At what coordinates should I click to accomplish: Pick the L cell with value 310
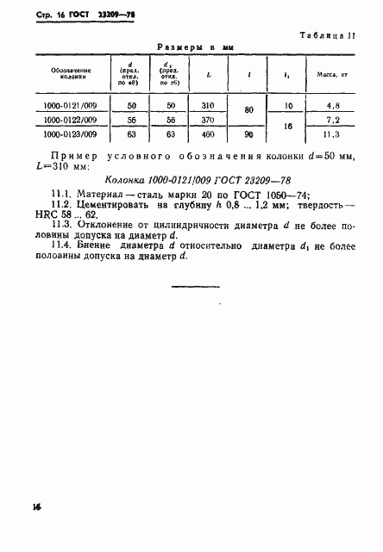(x=209, y=104)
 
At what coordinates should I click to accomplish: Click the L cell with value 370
(x=209, y=119)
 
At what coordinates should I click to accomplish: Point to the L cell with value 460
(x=209, y=134)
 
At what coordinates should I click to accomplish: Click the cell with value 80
(x=249, y=111)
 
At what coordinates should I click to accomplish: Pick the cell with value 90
(x=249, y=134)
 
